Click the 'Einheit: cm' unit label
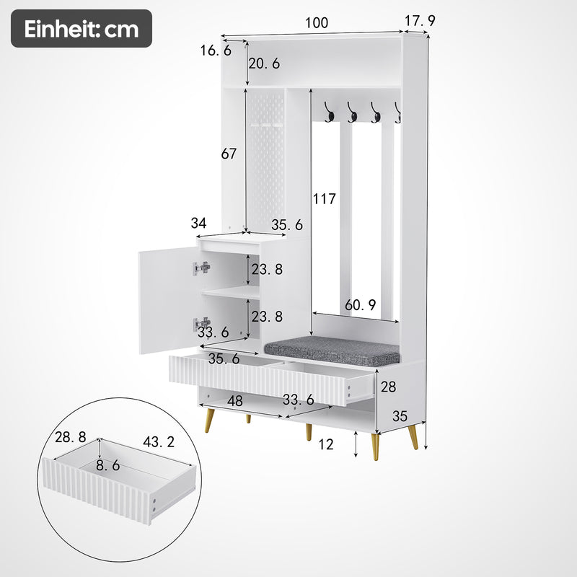click(81, 29)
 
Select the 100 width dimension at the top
click(316, 23)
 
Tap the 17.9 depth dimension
click(420, 22)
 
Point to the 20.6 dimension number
click(264, 63)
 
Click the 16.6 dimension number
click(216, 50)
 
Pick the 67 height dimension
click(229, 154)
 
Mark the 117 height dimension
click(325, 199)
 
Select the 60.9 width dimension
click(360, 305)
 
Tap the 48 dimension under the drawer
click(235, 400)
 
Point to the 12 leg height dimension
click(326, 445)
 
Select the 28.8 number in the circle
click(71, 436)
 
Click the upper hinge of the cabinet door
click(202, 268)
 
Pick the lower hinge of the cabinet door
click(202, 324)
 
